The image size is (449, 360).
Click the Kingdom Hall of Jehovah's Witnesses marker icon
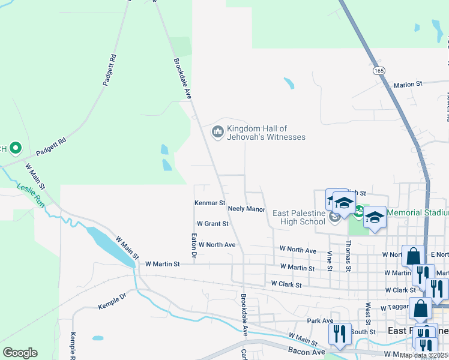217,131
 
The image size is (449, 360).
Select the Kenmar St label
209,203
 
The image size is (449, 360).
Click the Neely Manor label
247,209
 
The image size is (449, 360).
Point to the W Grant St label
212,224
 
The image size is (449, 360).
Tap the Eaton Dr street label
194,246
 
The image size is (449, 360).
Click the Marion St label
409,85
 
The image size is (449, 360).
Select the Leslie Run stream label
31,195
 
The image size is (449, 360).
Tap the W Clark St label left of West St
286,284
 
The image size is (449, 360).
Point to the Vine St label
330,260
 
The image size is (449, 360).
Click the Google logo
20,353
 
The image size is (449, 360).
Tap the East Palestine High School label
298,217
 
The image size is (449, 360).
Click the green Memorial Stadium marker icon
358,211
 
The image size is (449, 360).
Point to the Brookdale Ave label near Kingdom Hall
182,78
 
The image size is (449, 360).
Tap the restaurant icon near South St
340,333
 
